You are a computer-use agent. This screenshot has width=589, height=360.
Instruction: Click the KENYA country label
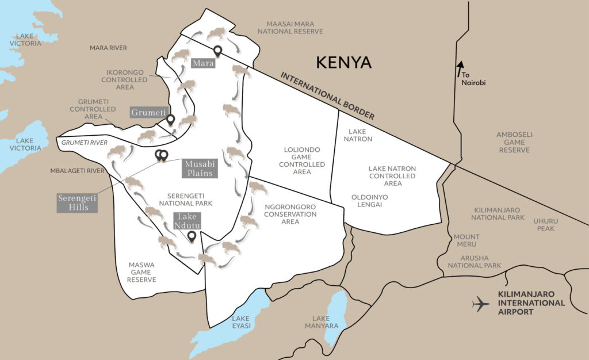(x=345, y=62)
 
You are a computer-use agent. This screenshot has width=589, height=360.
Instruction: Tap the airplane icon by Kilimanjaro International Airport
(x=480, y=304)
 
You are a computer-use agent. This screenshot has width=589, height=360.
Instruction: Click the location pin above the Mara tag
(x=217, y=51)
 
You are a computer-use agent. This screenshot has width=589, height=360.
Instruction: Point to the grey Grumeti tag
(x=148, y=112)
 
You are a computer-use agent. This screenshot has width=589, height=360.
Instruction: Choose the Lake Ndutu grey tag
(x=187, y=221)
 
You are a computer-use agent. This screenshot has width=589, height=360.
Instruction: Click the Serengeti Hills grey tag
(x=77, y=202)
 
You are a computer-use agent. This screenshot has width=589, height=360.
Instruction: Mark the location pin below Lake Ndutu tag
(x=192, y=236)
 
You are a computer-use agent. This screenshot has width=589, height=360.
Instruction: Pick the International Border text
(x=327, y=95)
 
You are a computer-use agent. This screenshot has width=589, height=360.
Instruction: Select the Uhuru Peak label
(x=544, y=224)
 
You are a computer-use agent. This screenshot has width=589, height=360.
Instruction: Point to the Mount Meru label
(x=466, y=240)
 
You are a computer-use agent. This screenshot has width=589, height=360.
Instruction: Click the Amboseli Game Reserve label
(x=514, y=141)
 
